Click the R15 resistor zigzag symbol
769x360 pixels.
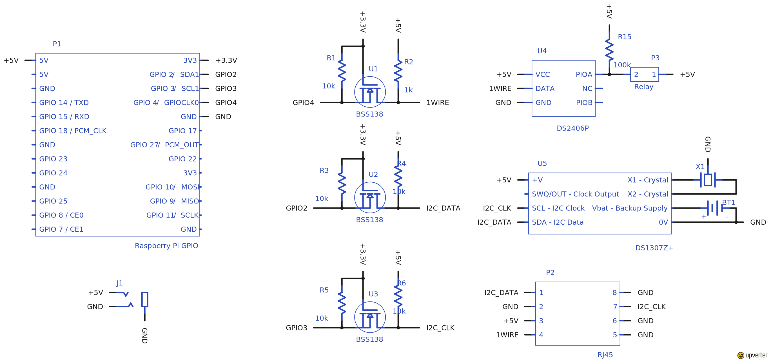[x=609, y=50]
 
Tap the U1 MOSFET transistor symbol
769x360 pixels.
[x=370, y=92]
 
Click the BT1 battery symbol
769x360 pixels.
[x=714, y=208]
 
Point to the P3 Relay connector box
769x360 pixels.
[x=645, y=74]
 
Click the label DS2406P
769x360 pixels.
[x=572, y=128]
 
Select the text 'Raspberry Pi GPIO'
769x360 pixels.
[x=166, y=246]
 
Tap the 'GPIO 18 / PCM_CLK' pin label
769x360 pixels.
[x=73, y=131]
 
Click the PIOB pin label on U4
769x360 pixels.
[x=584, y=103]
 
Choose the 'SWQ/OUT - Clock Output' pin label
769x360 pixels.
[x=575, y=194]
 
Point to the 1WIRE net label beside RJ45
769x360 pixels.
[x=507, y=335]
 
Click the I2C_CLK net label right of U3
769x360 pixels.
[x=440, y=328]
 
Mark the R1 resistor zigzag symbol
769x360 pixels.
[x=342, y=72]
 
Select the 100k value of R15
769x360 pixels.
[x=622, y=65]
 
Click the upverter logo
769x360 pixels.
[x=752, y=355]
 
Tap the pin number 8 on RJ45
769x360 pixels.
[x=614, y=292]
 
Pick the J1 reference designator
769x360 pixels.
[x=119, y=283]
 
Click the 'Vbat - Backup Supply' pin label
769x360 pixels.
[x=630, y=208]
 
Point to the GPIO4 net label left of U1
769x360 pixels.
[x=303, y=103]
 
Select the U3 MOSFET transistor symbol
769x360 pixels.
[x=370, y=317]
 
